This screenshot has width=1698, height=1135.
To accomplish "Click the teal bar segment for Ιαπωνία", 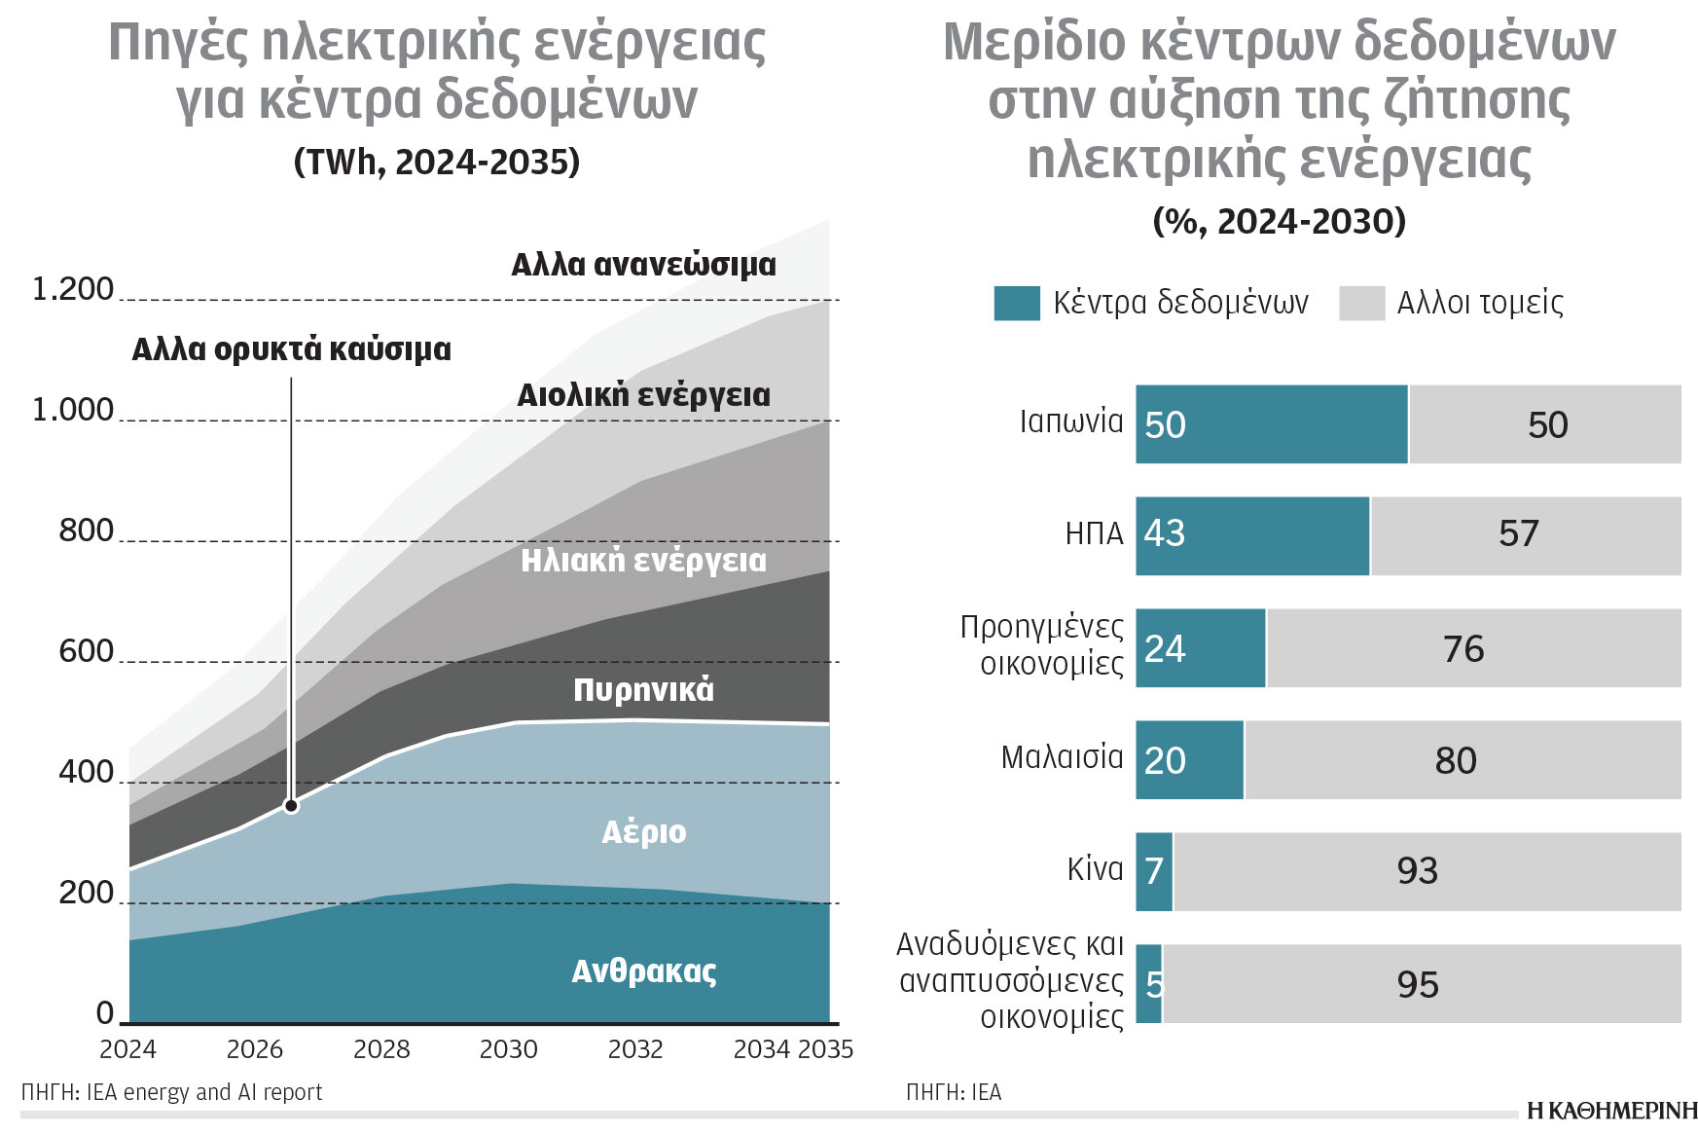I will click(1271, 424).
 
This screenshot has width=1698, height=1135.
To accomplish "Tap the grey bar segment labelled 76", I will click(1473, 648).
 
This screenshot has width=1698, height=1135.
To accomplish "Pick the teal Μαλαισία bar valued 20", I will click(1189, 760).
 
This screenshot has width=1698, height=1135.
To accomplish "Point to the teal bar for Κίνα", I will click(1154, 872).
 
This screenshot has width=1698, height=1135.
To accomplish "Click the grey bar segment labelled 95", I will click(1421, 984).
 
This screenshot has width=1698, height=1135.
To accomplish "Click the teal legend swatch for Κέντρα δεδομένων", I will click(1016, 303).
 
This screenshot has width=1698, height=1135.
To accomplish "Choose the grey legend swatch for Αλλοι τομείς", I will click(1361, 303).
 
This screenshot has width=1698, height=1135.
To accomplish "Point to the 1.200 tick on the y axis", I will click(73, 289).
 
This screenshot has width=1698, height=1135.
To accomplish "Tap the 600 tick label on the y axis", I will click(86, 650).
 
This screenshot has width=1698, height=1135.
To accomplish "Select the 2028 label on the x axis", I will click(381, 1049).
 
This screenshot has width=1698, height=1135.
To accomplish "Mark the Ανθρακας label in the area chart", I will click(643, 971).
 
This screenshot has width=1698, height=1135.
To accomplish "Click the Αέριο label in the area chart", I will click(643, 832).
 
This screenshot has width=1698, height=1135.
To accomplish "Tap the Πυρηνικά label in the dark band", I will click(643, 689).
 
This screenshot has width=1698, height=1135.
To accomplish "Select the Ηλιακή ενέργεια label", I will click(643, 561).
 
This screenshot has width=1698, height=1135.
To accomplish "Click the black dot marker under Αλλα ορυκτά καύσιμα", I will click(291, 806).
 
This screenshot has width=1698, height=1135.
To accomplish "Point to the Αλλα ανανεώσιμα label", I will click(643, 265).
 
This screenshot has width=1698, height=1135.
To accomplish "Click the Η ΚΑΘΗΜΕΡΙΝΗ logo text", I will click(1611, 1111).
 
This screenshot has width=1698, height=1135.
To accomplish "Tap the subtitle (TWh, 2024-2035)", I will click(437, 162).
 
